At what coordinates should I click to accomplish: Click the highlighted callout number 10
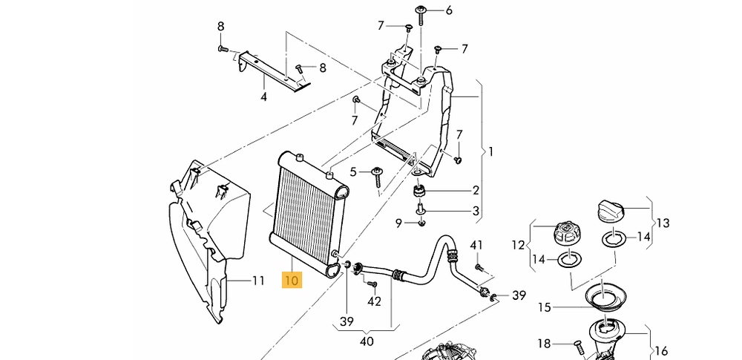point(291,281)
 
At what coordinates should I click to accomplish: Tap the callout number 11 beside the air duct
point(257,281)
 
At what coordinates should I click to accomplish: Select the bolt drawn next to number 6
point(421,10)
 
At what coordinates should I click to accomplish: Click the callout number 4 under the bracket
point(263,96)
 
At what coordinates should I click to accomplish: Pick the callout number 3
point(476,211)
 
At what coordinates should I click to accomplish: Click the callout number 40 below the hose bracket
point(367,341)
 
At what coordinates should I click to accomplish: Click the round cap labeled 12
point(566,232)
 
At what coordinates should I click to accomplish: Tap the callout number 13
point(662,222)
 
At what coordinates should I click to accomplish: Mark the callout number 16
point(661,351)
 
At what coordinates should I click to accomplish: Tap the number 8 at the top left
point(220,27)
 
